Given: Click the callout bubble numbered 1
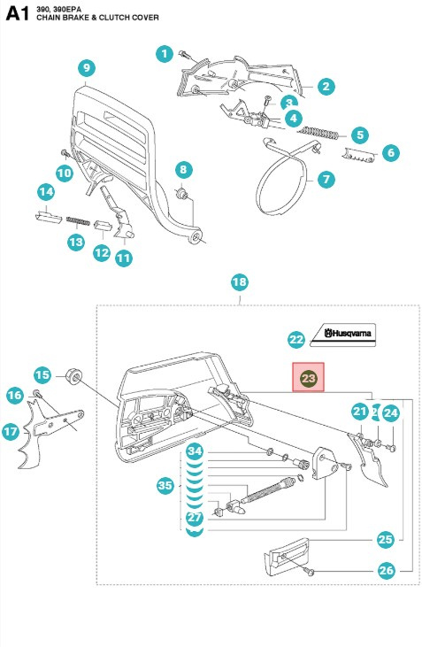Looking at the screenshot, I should tap(165, 54).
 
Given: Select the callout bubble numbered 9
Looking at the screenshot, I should tap(86, 67).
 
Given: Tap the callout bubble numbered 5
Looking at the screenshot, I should tap(358, 135).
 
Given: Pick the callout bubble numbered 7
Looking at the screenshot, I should tap(326, 179).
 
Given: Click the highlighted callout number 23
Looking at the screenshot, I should tap(309, 378).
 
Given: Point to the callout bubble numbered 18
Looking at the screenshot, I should tap(239, 282).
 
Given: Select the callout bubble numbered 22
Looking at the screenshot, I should tap(296, 339).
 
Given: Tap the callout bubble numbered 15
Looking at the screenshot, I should tap(42, 374).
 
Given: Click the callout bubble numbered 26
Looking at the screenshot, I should tap(386, 570).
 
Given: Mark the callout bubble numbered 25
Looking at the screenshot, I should tap(386, 538).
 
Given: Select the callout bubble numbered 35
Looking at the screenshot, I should tap(165, 485).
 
